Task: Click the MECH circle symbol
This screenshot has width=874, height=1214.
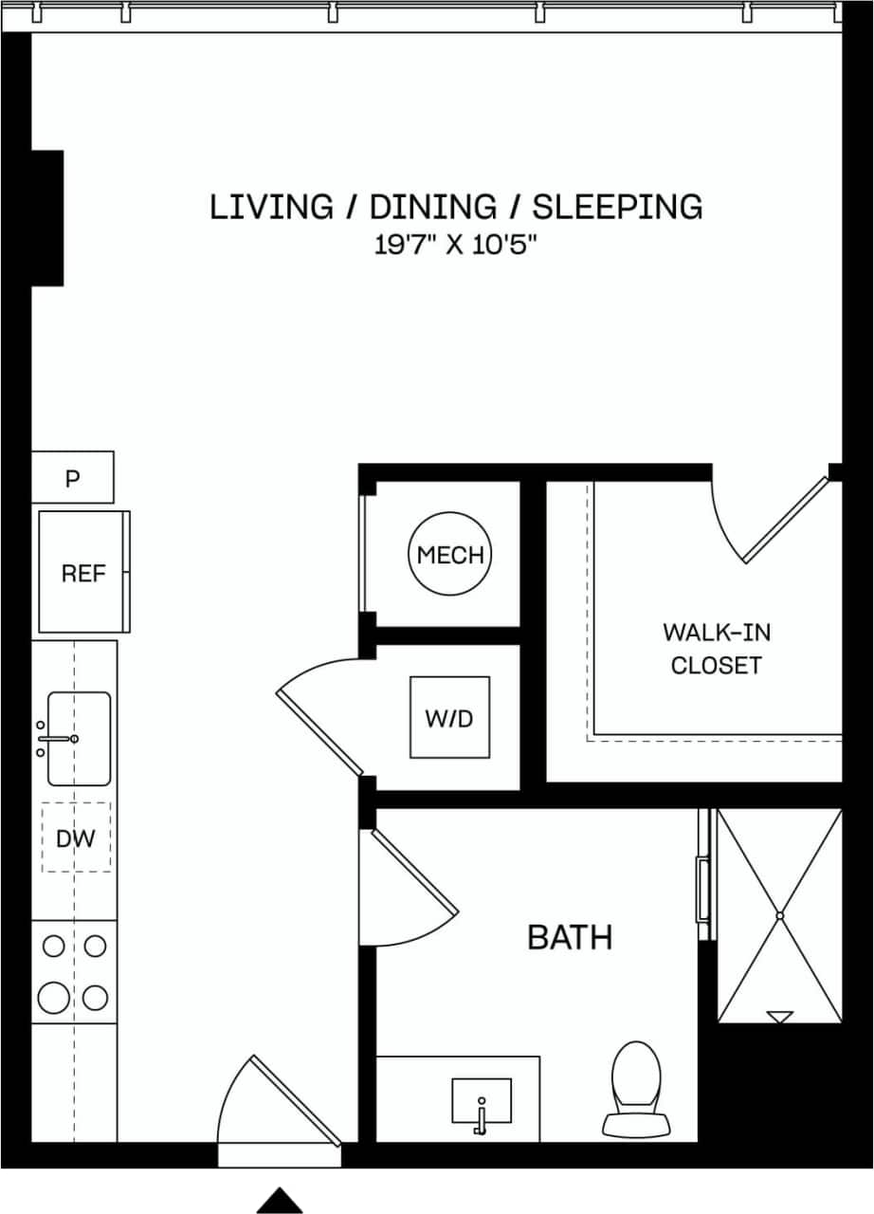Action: coord(450,555)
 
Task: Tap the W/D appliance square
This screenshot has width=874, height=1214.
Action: coord(449,718)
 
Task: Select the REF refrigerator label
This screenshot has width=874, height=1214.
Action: coord(83,574)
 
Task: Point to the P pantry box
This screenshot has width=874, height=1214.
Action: coord(73,478)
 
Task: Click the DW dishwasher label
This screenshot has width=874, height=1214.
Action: coord(76,838)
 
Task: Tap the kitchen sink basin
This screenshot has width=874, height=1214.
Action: coord(79,739)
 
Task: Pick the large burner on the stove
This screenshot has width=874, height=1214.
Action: coord(54,998)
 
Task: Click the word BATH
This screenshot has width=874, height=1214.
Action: coord(570,938)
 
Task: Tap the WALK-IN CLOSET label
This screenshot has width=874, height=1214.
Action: coord(716,649)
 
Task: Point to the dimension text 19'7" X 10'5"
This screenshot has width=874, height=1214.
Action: coord(456,246)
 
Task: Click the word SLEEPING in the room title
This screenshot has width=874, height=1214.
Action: coord(617,206)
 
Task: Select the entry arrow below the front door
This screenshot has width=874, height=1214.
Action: coord(280,1201)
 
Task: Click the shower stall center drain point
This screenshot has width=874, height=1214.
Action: coord(779,916)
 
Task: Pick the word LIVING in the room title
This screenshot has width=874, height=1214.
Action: coord(271,206)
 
